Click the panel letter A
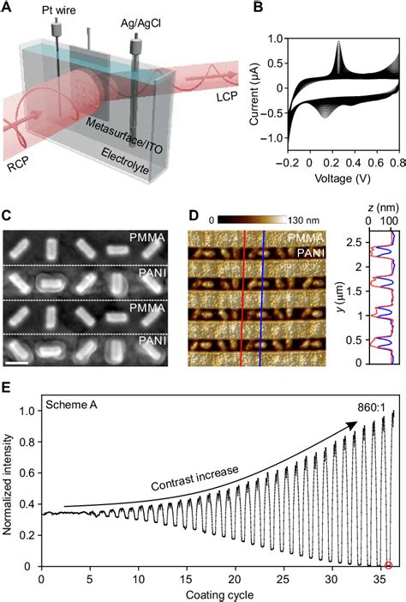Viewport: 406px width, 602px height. (x=8, y=9)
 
